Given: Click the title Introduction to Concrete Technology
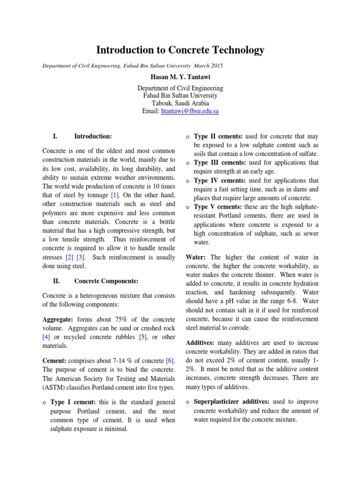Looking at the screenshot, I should click(180, 50).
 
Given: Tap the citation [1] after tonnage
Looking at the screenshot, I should click(116, 195).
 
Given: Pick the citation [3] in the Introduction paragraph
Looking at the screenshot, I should click(81, 257).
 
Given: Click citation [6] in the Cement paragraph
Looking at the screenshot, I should click(170, 360).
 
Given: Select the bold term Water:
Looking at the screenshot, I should click(196, 257).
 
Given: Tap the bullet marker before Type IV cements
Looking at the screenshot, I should click(187, 181).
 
